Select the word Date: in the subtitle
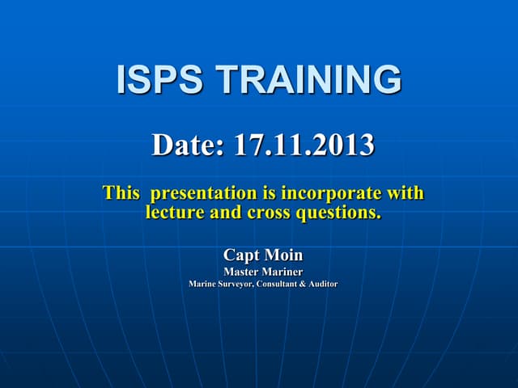(189, 145)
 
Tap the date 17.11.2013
(304, 145)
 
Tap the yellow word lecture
(173, 213)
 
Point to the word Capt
(240, 255)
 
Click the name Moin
(284, 255)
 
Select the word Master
(240, 272)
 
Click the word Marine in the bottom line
(202, 285)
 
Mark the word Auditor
(324, 285)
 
